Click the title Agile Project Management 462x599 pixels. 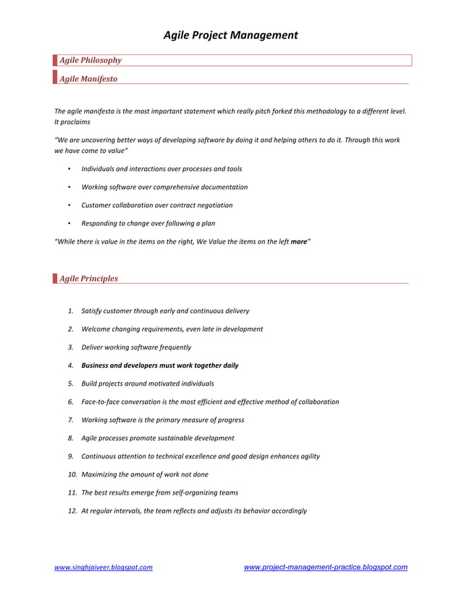coord(230,35)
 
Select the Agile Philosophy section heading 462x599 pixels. coord(90,60)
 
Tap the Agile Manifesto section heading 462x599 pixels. coord(88,78)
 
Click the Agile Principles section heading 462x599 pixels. coord(88,278)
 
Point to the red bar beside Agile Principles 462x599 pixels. coord(55,278)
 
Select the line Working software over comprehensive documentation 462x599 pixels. coord(164,187)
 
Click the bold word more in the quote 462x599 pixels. coord(298,241)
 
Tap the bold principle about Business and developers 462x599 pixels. coord(160,365)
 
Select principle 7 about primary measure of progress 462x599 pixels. coord(163,420)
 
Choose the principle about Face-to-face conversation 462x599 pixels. coord(210,402)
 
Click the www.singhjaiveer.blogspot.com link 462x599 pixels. coord(104,568)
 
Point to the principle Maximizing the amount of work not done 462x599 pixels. coord(145,474)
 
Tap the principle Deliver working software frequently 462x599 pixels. coord(136,347)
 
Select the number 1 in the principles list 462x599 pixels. coord(70,311)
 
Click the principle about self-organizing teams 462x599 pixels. coord(159,492)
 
